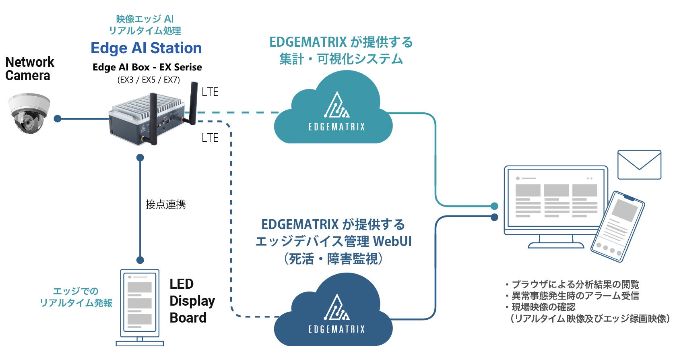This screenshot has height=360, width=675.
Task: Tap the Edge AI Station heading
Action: click(x=146, y=48)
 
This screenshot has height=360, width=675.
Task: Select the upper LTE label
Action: click(x=210, y=92)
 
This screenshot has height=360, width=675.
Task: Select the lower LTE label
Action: click(x=210, y=138)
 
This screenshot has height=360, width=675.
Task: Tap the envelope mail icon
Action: click(x=639, y=165)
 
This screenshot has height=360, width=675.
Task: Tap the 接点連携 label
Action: click(x=165, y=205)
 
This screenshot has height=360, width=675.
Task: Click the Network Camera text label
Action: click(x=29, y=69)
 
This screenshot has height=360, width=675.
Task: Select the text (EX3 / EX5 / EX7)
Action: click(x=149, y=80)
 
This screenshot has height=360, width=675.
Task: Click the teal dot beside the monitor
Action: click(x=495, y=206)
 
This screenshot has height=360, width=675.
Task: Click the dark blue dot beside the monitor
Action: click(x=495, y=217)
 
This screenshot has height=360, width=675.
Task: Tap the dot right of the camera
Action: click(x=58, y=119)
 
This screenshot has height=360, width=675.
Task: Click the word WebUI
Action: click(x=392, y=241)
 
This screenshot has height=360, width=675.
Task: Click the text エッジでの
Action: click(x=76, y=291)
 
